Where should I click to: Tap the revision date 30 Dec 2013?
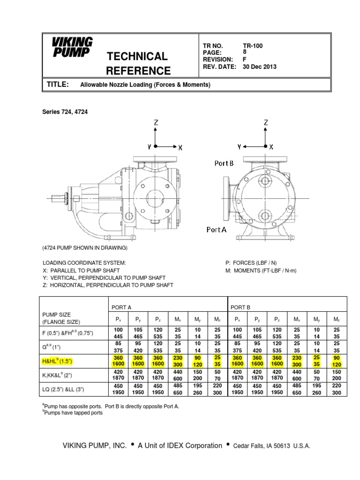coord(260,67)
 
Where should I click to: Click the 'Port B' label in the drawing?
coord(224,163)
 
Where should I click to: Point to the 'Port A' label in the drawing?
coord(217,230)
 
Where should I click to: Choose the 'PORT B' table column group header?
coord(240,307)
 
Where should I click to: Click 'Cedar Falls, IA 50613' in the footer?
coord(258,446)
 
